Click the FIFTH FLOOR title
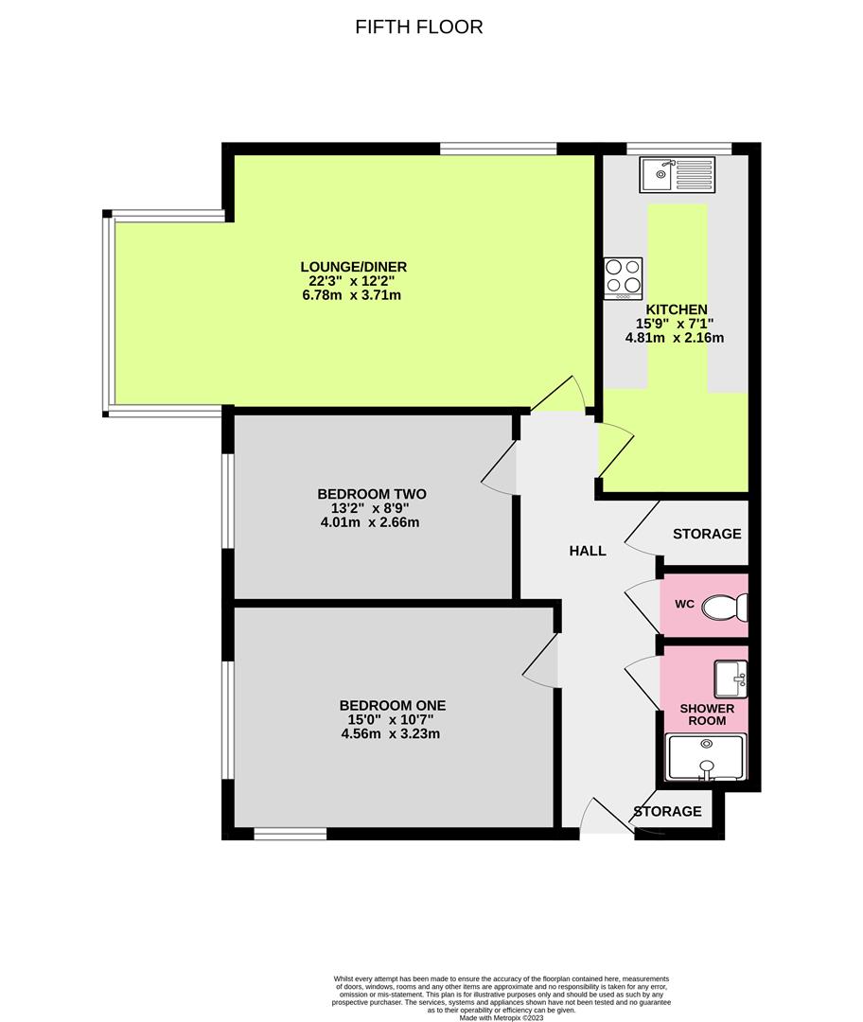419,26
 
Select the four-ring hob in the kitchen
624,276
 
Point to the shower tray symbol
706,757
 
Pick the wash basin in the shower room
731,676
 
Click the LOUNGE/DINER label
354,267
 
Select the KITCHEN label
676,309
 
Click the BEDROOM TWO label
372,494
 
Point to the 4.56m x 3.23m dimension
393,733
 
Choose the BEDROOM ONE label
393,705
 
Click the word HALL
588,551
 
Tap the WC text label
685,604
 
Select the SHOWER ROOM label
707,714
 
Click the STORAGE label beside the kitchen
707,534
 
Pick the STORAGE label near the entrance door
667,811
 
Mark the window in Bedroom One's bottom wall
291,834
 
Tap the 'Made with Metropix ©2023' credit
502,1017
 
